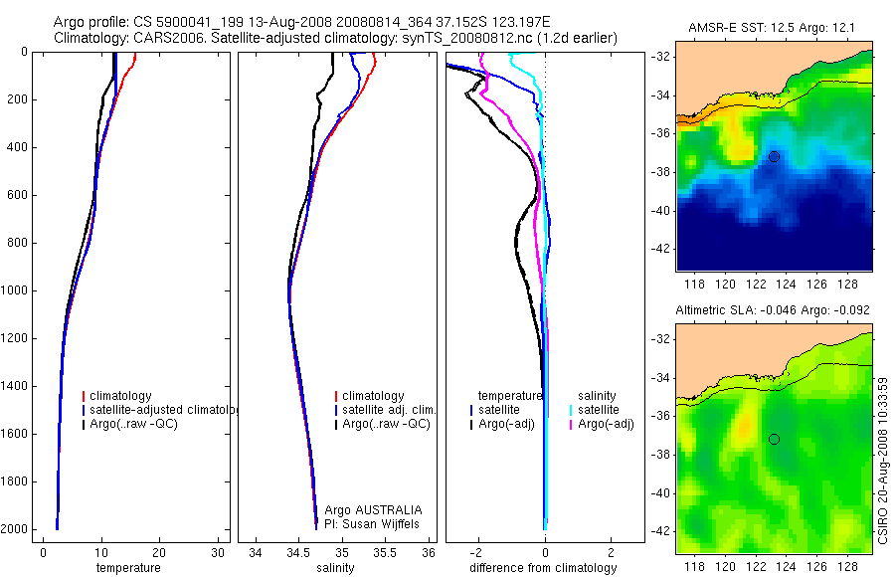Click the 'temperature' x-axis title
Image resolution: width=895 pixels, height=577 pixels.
coord(128,568)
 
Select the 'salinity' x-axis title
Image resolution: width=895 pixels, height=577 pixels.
coord(336,568)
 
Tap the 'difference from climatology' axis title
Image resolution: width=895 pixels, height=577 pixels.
coord(543,568)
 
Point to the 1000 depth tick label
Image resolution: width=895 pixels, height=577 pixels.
coord(15,290)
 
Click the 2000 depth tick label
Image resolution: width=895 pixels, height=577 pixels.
coord(15,529)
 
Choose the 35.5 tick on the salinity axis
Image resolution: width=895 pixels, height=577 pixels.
coord(385,552)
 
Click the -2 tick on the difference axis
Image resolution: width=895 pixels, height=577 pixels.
coord(478,552)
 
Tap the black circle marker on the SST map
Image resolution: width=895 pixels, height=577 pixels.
coord(774,157)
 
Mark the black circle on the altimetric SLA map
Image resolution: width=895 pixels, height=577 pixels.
coord(774,439)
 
